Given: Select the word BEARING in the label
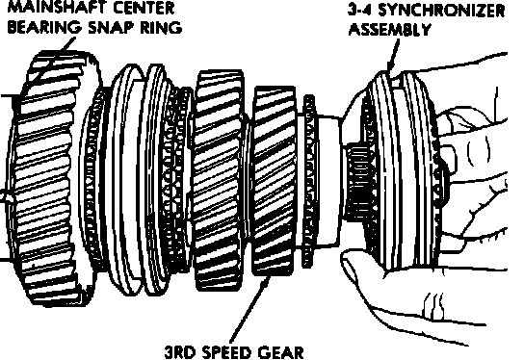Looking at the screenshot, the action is [44, 27].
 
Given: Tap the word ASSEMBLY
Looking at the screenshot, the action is [389, 30].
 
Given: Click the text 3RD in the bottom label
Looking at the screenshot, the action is [181, 352].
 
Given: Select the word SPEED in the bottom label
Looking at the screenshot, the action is [226, 352].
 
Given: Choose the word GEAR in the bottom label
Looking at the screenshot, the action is [280, 352].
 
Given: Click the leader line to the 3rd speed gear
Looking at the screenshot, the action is [249, 310].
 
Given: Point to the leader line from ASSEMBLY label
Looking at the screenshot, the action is [393, 55].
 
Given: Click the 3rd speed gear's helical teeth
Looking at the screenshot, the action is [274, 180].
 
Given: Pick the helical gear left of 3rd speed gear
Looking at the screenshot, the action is [218, 180].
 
